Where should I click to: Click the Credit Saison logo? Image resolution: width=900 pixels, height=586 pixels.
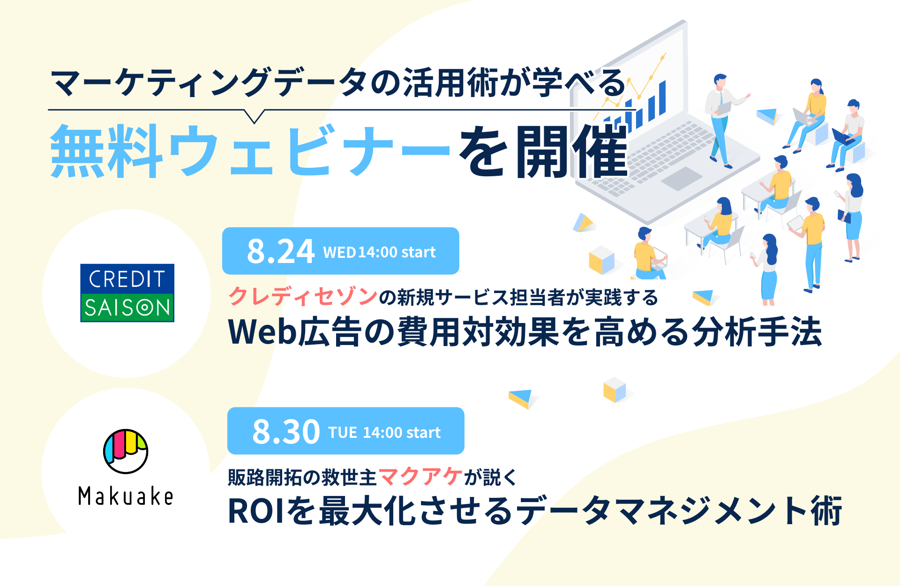(127, 293)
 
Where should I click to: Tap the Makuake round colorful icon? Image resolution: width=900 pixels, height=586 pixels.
(126, 451)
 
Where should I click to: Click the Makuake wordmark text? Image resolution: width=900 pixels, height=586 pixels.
(126, 496)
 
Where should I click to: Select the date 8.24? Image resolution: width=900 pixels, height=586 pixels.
(280, 251)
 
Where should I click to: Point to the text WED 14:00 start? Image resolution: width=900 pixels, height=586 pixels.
(379, 252)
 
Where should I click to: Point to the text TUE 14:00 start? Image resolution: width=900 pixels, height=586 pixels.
(384, 432)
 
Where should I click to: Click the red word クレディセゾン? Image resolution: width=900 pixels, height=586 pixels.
(303, 297)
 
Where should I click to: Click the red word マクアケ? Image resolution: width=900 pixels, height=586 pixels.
(420, 477)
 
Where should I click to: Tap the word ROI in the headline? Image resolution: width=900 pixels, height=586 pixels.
(256, 511)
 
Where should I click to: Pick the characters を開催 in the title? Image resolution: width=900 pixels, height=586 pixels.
(543, 151)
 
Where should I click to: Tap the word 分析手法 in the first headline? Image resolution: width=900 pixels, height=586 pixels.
(757, 332)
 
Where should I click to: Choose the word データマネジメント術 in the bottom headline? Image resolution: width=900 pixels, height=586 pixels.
(681, 511)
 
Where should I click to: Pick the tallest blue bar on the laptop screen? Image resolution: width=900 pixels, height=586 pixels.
(662, 98)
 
